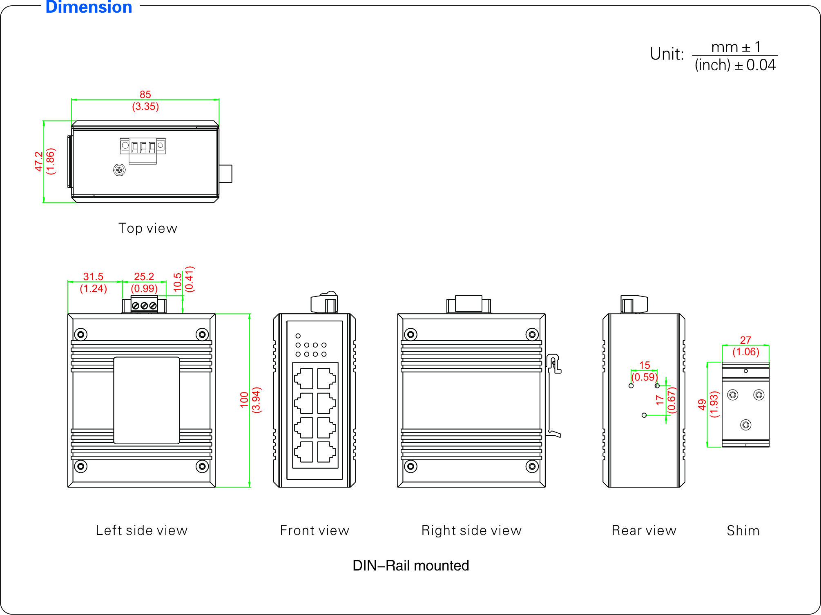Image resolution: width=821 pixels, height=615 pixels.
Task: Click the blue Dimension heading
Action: pos(89,7)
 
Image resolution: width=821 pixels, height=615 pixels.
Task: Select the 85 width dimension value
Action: pos(145,95)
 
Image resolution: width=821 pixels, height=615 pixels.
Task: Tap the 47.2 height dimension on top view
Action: pos(39,161)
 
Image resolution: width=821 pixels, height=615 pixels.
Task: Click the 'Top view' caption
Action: pos(148,228)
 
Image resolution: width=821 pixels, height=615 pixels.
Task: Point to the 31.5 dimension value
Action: pos(93,277)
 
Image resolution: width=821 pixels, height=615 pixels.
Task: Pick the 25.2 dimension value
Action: pos(144,277)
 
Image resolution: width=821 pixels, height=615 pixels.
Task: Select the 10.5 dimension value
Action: pos(177,282)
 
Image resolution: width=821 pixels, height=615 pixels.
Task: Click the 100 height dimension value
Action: pos(244,400)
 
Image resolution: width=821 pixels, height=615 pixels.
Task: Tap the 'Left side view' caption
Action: pos(142,530)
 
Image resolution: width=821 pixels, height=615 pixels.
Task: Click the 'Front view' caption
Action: pos(315,530)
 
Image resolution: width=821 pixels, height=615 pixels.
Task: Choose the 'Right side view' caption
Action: pos(471,530)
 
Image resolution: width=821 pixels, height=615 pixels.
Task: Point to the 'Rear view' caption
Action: pos(644,530)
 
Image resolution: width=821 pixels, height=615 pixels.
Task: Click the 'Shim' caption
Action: pos(743,530)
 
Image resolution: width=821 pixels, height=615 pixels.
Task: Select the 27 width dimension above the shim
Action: pos(745,340)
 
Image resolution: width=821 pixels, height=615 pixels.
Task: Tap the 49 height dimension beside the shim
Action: pos(702,404)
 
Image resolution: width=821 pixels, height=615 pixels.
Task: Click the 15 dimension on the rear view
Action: pos(645,365)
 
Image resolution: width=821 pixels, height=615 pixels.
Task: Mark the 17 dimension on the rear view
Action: pos(660,400)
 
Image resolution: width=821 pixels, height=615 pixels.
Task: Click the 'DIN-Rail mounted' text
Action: pos(410,566)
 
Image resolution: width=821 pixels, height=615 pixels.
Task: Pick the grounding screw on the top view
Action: pos(119,169)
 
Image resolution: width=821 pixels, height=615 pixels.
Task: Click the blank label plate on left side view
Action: pos(147,400)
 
